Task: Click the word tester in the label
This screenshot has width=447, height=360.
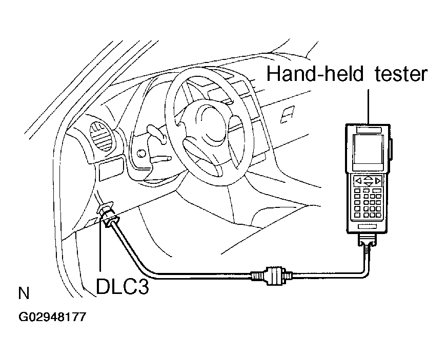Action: click(401, 74)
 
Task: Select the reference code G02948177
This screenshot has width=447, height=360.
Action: click(52, 316)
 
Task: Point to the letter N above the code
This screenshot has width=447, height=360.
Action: click(24, 293)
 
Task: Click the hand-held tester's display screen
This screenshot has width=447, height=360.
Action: click(369, 149)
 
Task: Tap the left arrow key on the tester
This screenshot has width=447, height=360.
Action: click(359, 181)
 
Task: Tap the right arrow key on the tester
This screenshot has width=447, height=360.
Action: click(378, 181)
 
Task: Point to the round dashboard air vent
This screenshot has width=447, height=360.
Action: click(101, 136)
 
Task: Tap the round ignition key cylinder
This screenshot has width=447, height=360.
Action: click(141, 154)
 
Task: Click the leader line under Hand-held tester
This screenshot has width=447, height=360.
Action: click(369, 107)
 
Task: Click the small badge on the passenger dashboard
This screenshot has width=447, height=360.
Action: click(288, 115)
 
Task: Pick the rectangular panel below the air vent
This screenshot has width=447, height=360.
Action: click(111, 171)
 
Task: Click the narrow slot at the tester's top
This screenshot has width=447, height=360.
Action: click(369, 130)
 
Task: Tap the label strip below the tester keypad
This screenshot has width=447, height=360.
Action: click(368, 226)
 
